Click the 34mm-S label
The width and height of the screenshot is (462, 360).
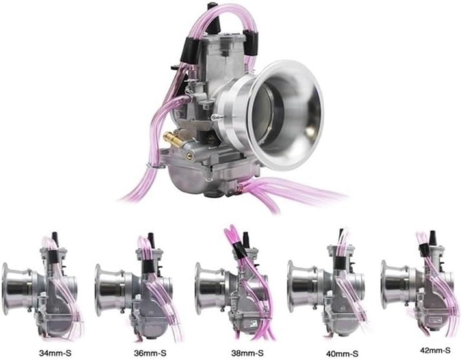pyautogui.click(x=55, y=352)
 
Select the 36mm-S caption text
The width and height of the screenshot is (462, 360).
pyautogui.click(x=150, y=352)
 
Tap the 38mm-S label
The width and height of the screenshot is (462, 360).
pyautogui.click(x=247, y=352)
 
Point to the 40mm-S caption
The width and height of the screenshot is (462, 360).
pyautogui.click(x=342, y=353)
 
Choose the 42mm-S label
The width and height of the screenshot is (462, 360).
pyautogui.click(x=435, y=350)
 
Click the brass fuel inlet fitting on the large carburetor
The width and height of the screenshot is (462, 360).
pyautogui.click(x=174, y=140)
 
